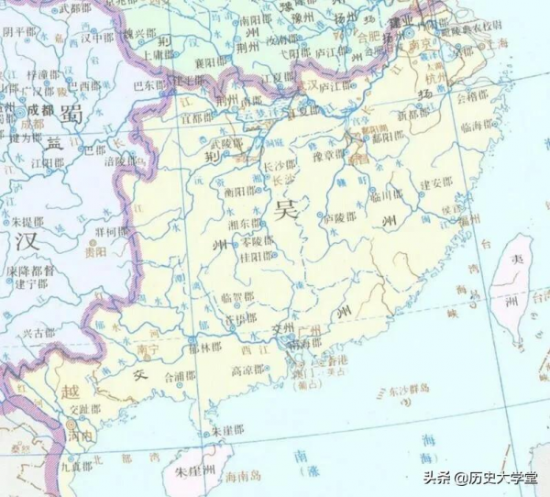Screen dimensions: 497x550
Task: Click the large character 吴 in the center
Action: [x=285, y=209]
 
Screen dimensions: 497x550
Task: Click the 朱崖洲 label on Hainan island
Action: [x=195, y=471]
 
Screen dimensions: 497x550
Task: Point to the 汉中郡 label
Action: [x=96, y=38]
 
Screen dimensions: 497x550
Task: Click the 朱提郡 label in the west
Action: [x=28, y=221]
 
